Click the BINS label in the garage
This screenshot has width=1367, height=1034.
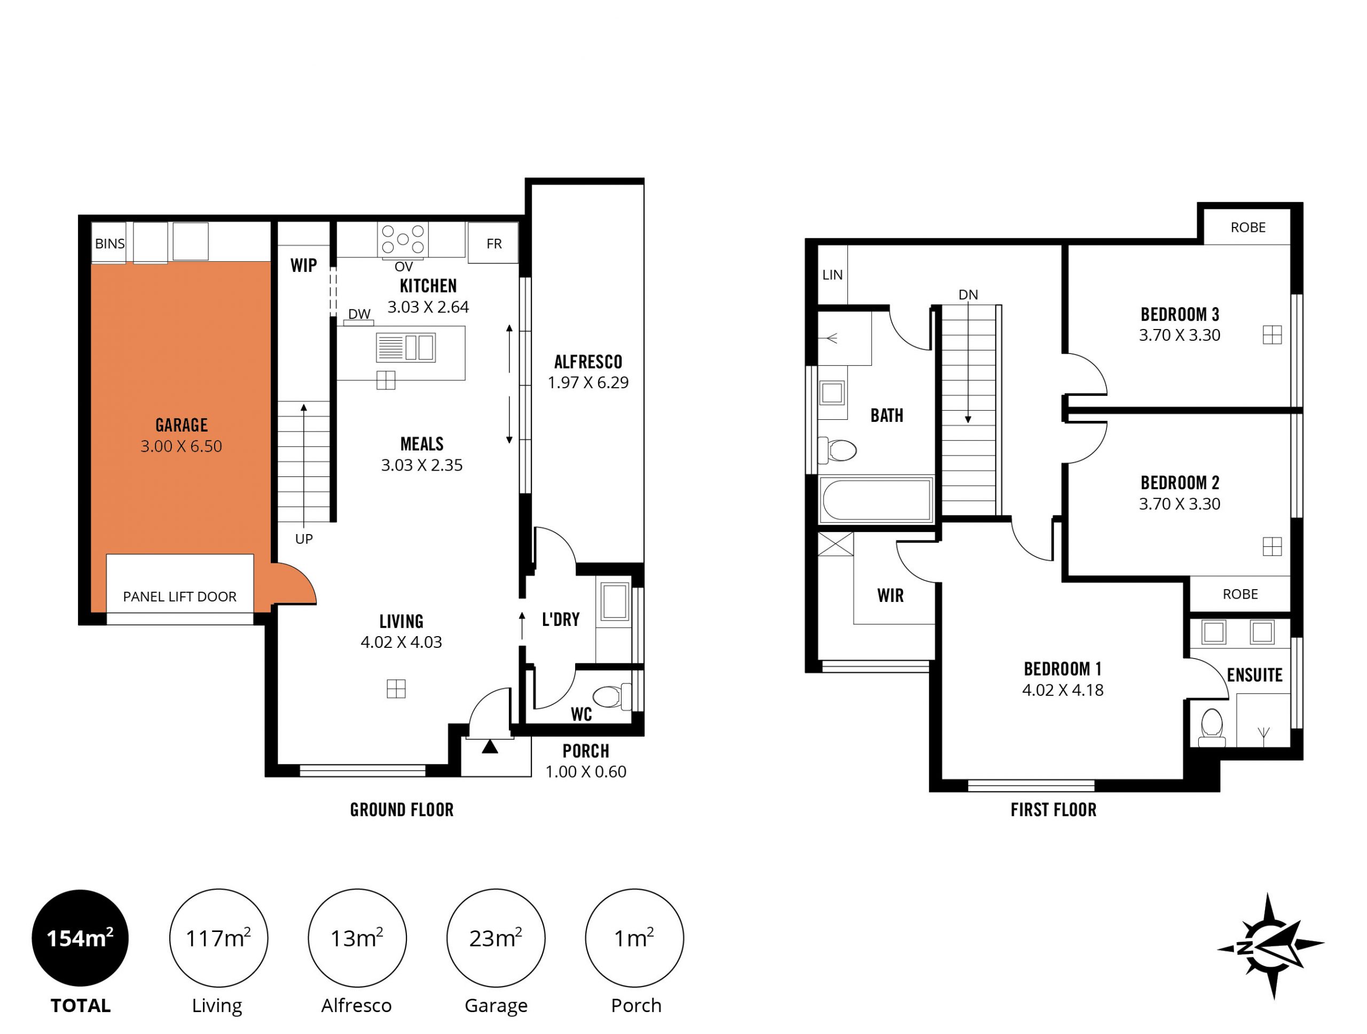coord(109,244)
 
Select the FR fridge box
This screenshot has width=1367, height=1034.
coord(493,243)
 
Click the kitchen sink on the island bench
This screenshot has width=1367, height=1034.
coord(405,347)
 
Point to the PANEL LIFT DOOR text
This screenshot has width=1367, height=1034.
coord(180,597)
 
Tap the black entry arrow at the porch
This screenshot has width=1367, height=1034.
coord(490,747)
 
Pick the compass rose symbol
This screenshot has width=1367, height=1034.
coord(1270,946)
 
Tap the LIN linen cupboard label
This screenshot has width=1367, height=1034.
coord(832,275)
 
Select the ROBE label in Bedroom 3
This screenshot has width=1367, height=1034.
coord(1248,228)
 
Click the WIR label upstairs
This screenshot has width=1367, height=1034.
coord(891,595)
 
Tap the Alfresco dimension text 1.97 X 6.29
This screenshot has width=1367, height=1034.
coord(588,382)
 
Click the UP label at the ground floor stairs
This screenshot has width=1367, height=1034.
coord(304,539)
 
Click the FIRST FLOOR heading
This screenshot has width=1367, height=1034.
coord(1054,810)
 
